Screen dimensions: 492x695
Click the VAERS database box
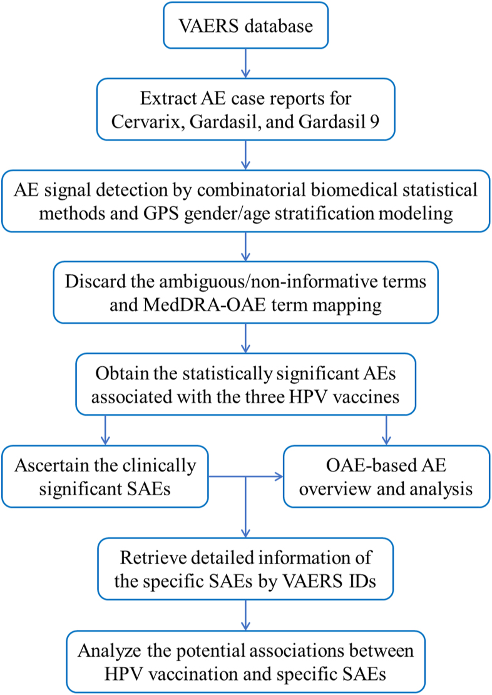[245, 25]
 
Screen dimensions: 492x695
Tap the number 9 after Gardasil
[374, 121]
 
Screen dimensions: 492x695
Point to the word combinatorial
[251, 190]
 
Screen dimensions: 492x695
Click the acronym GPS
[161, 214]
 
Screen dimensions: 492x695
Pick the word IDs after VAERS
[362, 580]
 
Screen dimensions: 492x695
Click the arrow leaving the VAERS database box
[245, 63]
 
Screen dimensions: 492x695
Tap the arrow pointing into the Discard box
[245, 247]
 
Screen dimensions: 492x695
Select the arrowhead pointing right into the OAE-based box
[279, 477]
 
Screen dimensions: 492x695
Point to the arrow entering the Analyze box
[245, 615]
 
